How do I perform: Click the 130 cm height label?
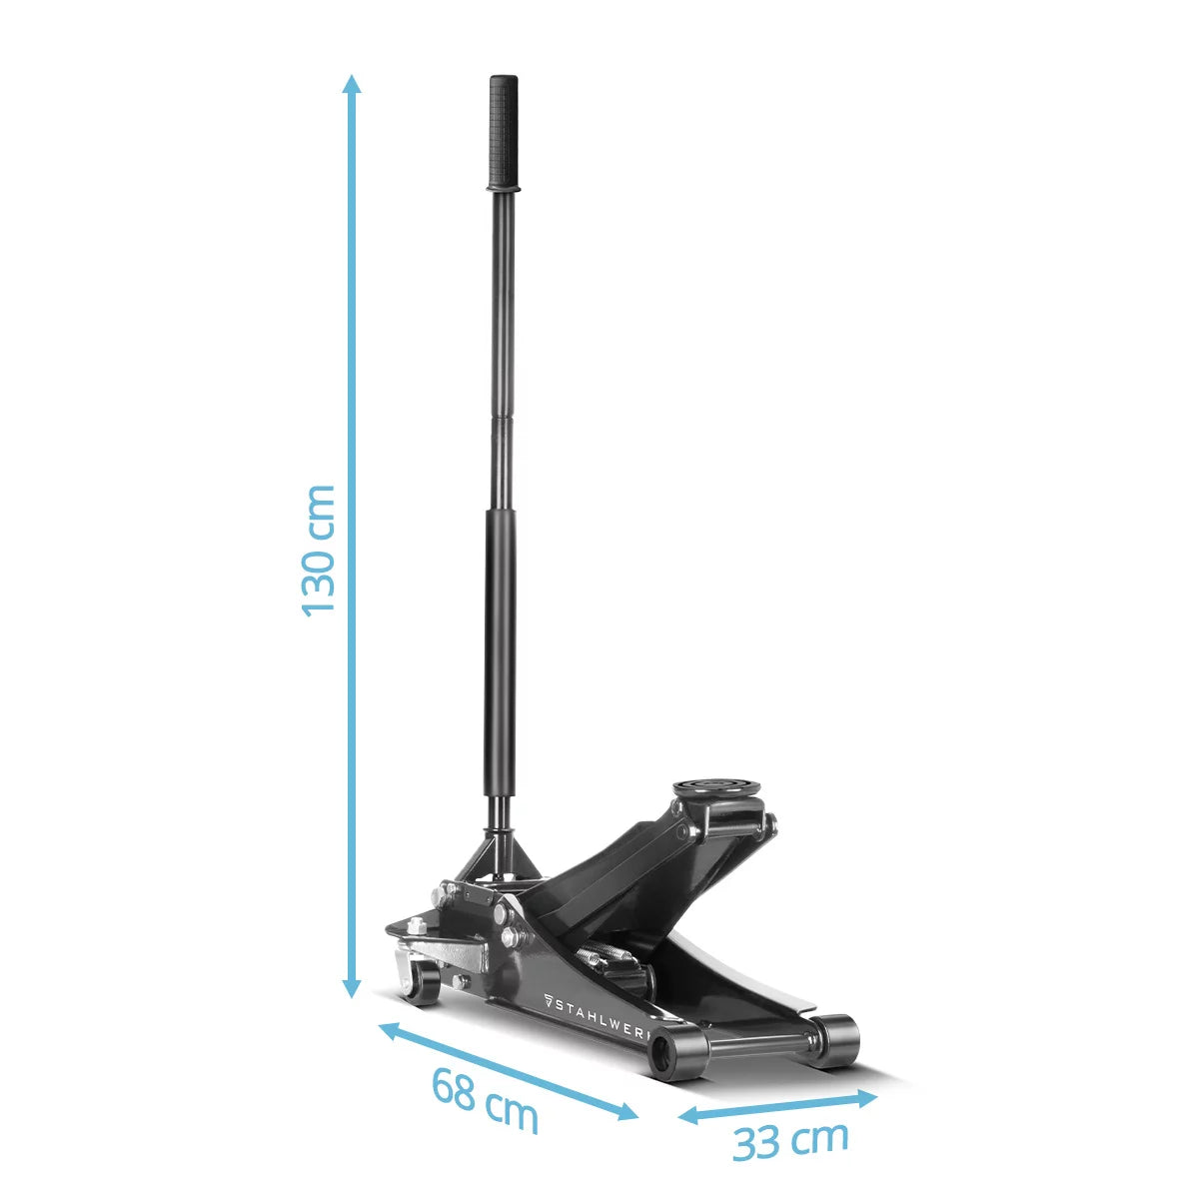[318, 551]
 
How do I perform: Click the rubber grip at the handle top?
[504, 133]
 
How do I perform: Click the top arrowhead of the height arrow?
[352, 83]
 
